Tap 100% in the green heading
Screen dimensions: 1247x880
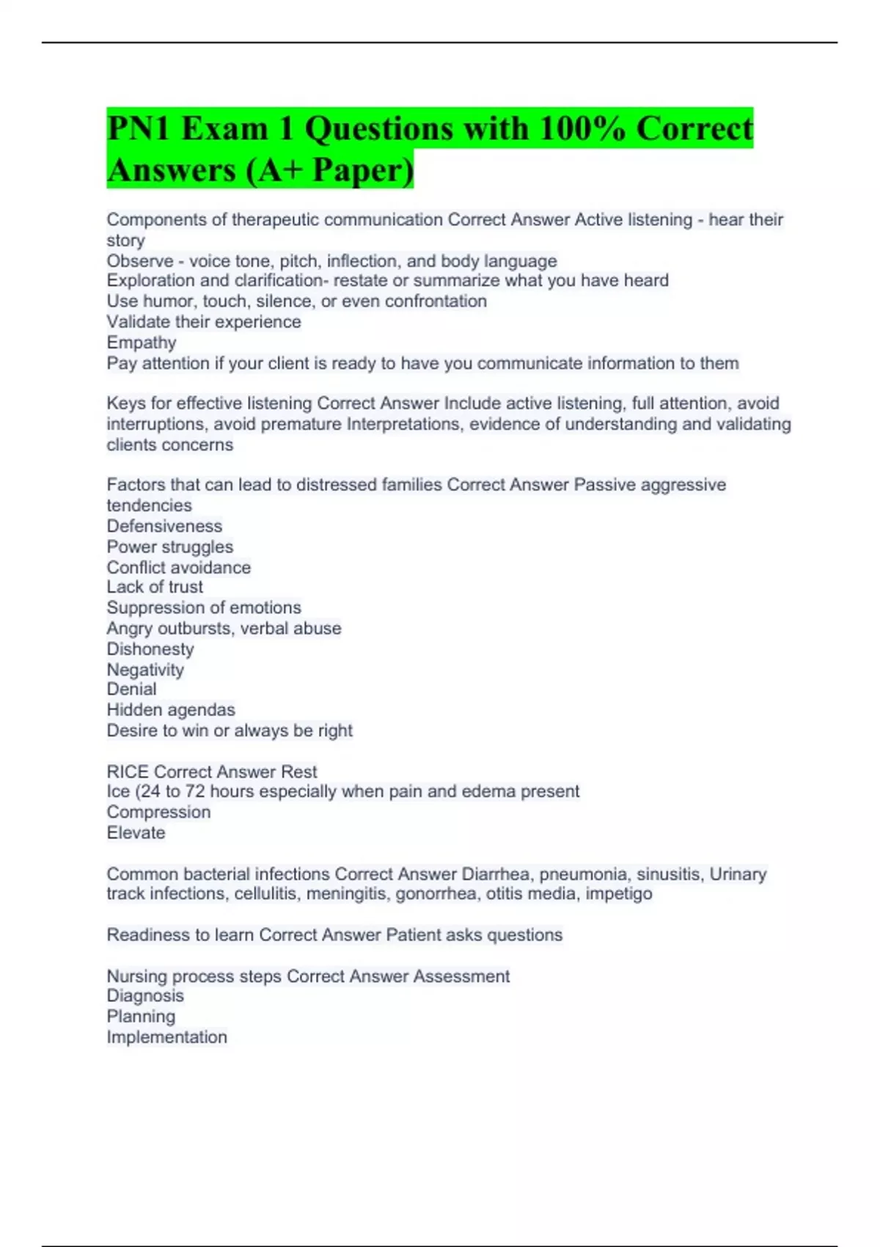[x=581, y=129]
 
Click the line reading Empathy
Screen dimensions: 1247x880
[x=142, y=343]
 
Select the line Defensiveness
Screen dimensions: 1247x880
[x=164, y=526]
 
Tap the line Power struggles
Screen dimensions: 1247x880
[x=169, y=546]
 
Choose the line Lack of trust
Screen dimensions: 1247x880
[x=155, y=587]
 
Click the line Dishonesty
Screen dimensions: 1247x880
[x=150, y=649]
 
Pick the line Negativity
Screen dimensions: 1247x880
[x=145, y=670]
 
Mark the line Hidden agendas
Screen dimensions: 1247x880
[x=171, y=710]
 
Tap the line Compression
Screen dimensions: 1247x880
[x=158, y=812]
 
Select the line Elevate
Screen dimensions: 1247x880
[x=136, y=833]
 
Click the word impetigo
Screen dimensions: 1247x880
[x=619, y=893]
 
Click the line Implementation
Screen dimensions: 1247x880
[x=166, y=1037]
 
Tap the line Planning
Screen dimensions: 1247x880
[x=141, y=1017]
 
